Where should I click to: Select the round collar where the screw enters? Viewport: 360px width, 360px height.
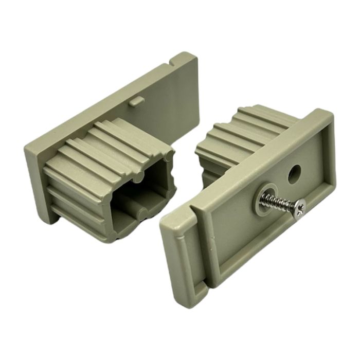pos(264,201)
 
